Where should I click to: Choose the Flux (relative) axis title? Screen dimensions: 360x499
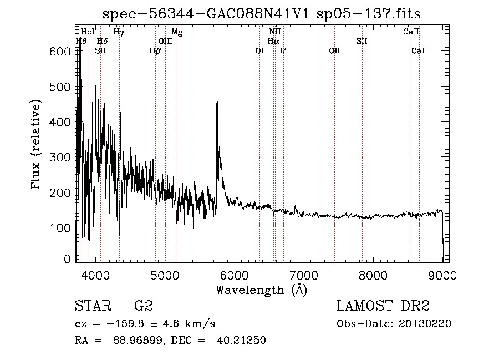tap(37, 145)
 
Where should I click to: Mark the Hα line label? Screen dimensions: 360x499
tap(273, 41)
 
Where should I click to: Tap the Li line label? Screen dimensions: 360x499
tap(283, 51)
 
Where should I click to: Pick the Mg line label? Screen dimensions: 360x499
tap(177, 32)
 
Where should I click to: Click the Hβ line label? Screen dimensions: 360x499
tap(155, 51)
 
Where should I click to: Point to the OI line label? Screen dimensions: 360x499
tap(259, 51)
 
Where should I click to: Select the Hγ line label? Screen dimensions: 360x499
tap(119, 32)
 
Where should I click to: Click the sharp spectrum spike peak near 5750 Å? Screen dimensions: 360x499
tap(216, 96)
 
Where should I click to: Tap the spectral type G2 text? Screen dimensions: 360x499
tap(144, 306)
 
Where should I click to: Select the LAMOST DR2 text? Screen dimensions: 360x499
tap(383, 306)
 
